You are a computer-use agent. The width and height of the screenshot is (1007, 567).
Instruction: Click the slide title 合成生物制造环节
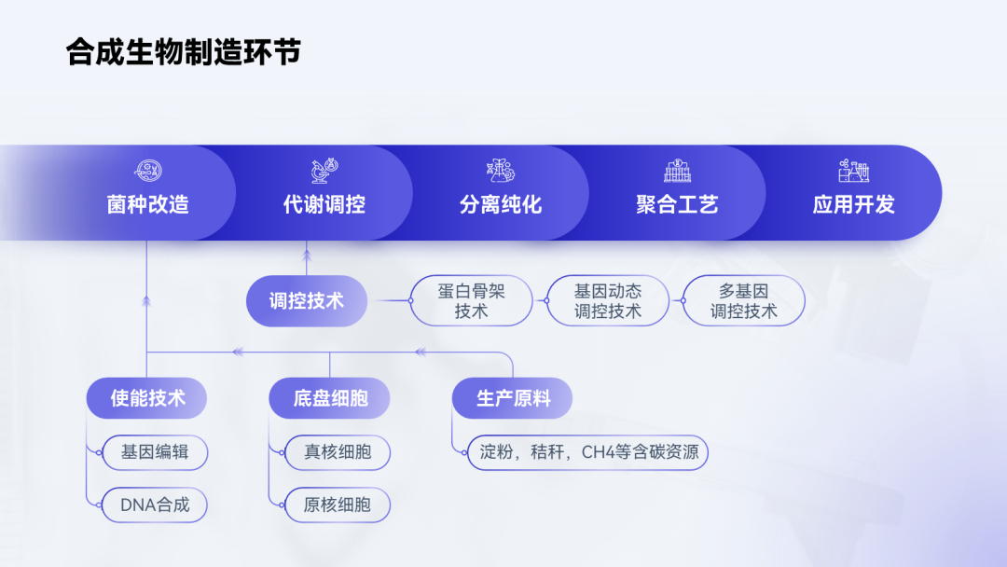(x=183, y=52)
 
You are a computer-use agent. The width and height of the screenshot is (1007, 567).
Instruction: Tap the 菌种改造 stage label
(x=147, y=204)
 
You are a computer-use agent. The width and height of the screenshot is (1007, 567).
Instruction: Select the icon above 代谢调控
(x=324, y=170)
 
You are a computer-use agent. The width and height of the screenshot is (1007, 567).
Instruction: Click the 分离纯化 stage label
(x=501, y=204)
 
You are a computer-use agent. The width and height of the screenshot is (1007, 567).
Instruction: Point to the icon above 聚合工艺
(x=678, y=170)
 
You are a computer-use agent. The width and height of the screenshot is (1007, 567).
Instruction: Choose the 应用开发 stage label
(x=854, y=204)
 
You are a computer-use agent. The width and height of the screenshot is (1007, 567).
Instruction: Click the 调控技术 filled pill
(x=307, y=300)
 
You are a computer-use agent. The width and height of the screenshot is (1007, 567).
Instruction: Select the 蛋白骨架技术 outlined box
(x=472, y=300)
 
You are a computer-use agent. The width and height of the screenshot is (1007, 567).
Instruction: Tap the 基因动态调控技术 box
(x=608, y=300)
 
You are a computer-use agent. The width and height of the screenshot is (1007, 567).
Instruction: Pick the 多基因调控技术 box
(x=744, y=300)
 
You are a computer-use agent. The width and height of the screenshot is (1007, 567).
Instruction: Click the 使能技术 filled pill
(x=147, y=398)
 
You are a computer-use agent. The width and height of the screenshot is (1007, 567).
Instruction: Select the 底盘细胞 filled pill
(x=329, y=398)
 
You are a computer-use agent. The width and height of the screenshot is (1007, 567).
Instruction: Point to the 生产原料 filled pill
(x=513, y=398)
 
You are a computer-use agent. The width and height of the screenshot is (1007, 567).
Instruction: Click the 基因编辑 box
(x=155, y=452)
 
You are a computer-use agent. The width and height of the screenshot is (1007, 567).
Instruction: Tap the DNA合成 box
(x=155, y=505)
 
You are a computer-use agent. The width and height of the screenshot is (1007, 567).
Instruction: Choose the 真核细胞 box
(x=338, y=452)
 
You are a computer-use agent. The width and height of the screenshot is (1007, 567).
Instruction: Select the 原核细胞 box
(x=338, y=505)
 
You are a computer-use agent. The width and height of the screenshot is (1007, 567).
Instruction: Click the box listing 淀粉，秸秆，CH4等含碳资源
(x=588, y=452)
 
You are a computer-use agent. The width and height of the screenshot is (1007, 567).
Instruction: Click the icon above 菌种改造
(x=147, y=170)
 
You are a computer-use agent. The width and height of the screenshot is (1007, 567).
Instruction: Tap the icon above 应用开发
(x=854, y=170)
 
